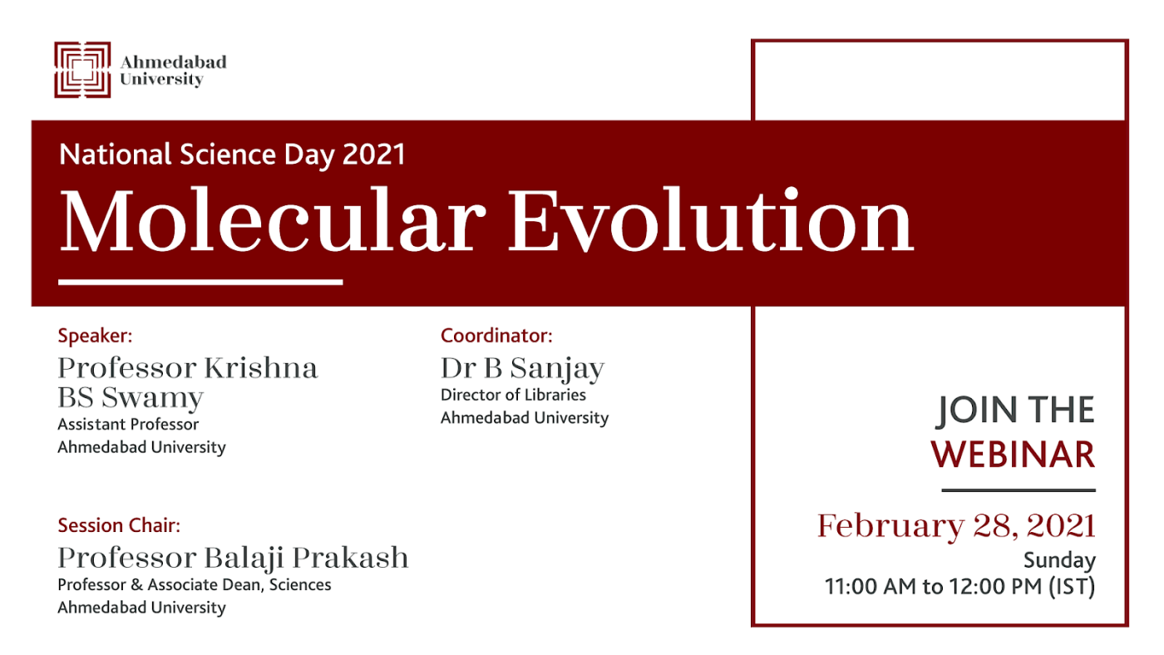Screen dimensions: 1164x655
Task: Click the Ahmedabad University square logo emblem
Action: (x=82, y=70)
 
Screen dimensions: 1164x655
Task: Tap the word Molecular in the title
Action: (x=273, y=220)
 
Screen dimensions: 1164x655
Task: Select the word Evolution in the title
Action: (x=711, y=220)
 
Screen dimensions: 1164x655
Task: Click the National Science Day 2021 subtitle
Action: (x=232, y=155)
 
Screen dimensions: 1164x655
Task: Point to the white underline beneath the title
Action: (x=200, y=282)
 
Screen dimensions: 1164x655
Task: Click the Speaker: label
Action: (x=95, y=336)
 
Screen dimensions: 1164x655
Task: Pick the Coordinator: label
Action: (x=496, y=336)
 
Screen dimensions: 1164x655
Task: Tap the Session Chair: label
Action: (x=119, y=525)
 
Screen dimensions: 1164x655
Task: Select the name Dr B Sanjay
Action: (x=523, y=369)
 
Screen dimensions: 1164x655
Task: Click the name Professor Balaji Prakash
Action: (x=234, y=559)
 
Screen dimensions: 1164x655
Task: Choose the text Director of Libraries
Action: (x=514, y=396)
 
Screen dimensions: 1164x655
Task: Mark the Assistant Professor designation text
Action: (x=128, y=425)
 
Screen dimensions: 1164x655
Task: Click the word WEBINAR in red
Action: (x=1013, y=455)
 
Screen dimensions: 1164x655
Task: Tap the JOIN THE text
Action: (x=1016, y=411)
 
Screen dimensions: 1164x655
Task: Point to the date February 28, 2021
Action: (x=957, y=526)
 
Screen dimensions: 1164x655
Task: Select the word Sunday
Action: (x=1059, y=560)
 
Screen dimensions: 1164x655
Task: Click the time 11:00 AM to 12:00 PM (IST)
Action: (x=959, y=587)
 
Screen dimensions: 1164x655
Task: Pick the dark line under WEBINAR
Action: (x=1018, y=490)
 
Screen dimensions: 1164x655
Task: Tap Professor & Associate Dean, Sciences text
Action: (x=195, y=585)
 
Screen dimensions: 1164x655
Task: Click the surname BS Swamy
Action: (x=131, y=398)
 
